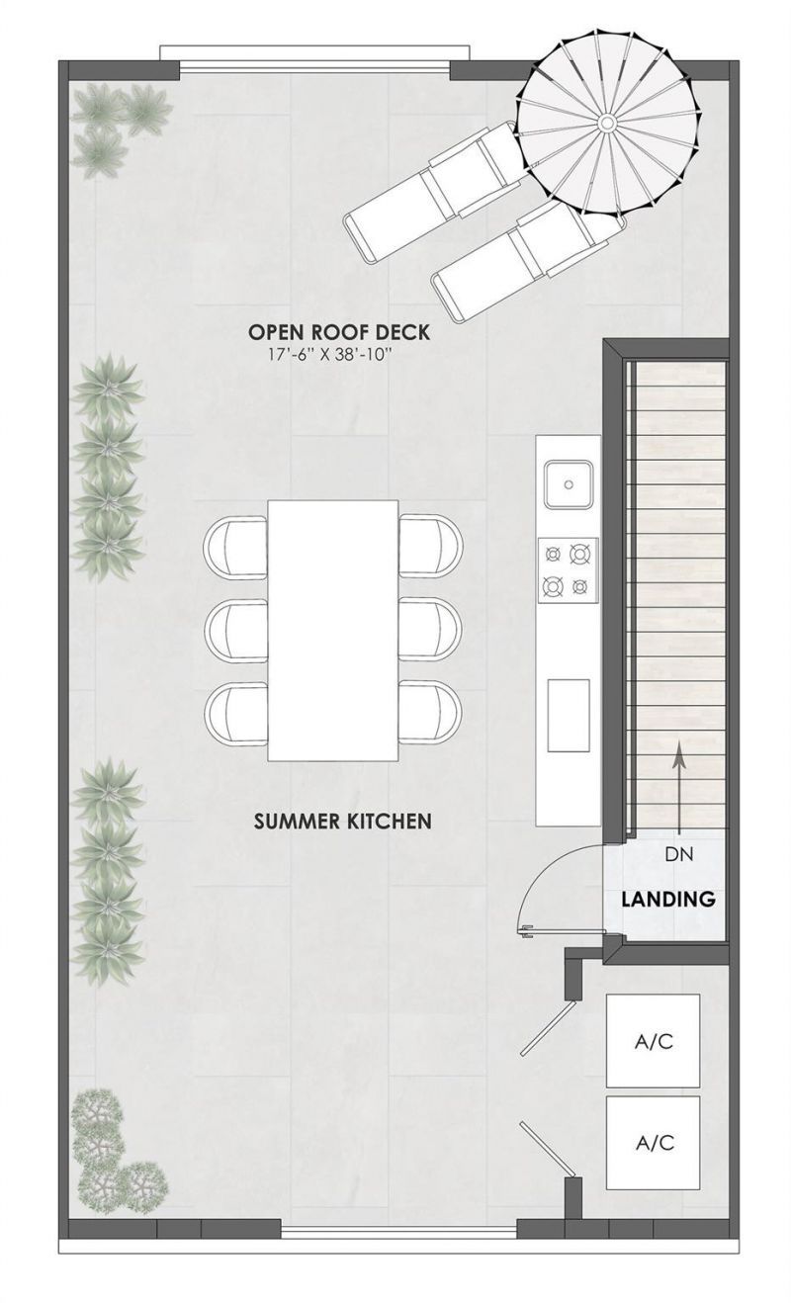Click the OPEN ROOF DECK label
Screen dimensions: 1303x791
(339, 332)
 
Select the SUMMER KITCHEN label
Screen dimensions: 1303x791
(342, 821)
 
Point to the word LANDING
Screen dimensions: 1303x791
(668, 901)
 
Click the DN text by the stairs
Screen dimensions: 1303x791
(677, 854)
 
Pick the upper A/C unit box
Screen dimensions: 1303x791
(653, 1041)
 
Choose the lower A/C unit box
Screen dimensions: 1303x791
(653, 1143)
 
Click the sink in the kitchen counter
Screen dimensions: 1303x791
(569, 484)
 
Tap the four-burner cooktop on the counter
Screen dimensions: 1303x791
(569, 570)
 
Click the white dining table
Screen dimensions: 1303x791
(333, 630)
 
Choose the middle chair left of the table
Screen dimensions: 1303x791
(235, 630)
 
